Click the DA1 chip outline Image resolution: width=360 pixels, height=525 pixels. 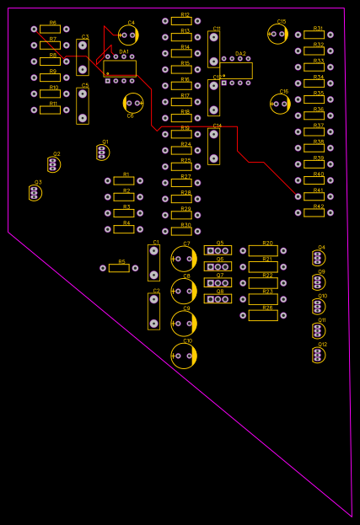tap(120, 68)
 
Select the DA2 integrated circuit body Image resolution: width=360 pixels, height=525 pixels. tap(236, 70)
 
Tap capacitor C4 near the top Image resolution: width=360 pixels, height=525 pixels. tap(128, 35)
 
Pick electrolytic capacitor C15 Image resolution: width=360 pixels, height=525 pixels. tap(278, 34)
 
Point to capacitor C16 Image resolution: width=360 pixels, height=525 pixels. tap(280, 104)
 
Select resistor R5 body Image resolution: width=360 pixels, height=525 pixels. tap(119, 268)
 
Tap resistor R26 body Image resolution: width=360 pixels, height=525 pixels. tap(263, 315)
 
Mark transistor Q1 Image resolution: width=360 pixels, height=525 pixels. tap(103, 152)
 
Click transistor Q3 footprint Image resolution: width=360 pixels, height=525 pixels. tap(35, 193)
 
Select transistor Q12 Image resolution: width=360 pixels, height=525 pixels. tap(318, 355)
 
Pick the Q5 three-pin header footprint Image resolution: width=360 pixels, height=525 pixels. tap(218, 250)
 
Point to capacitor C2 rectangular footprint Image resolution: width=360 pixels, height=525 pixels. tap(153, 311)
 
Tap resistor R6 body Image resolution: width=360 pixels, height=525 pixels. tap(50, 29)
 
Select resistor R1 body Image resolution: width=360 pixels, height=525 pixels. tap(124, 180)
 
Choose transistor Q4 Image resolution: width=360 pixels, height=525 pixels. tap(318, 258)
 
